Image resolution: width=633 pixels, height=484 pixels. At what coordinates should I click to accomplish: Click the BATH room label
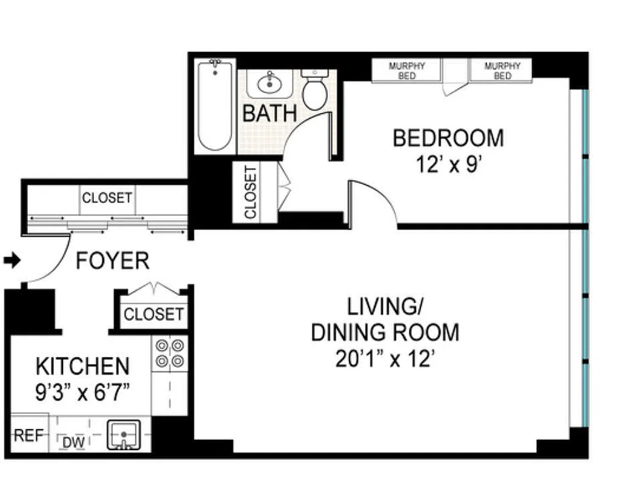[x=270, y=113]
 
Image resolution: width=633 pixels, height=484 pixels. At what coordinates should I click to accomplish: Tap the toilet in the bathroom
[x=314, y=90]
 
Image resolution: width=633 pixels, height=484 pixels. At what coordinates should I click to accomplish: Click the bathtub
[x=215, y=106]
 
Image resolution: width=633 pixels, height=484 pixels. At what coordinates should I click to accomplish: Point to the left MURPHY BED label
[x=406, y=71]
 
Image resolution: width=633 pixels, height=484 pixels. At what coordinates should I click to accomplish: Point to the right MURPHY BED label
[x=502, y=71]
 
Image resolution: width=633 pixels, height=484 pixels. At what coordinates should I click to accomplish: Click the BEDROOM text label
[x=448, y=138]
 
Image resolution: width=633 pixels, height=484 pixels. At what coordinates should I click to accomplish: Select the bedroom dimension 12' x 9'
[x=448, y=164]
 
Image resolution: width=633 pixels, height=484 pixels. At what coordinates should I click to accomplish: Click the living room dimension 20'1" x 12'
[x=385, y=359]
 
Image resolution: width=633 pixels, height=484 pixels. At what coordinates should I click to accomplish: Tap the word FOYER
[x=112, y=261]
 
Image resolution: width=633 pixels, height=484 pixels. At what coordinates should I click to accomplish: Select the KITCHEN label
[x=82, y=367]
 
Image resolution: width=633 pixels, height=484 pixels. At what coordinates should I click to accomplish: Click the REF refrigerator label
[x=26, y=436]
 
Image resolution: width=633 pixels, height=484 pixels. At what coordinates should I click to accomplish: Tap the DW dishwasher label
[x=73, y=443]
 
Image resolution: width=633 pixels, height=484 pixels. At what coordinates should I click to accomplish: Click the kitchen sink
[x=124, y=436]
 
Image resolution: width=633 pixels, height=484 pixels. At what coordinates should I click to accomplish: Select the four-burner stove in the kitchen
[x=170, y=353]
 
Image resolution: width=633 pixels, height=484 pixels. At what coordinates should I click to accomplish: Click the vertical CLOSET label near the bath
[x=250, y=192]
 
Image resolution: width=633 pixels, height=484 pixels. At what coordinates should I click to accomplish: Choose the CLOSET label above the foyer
[x=107, y=198]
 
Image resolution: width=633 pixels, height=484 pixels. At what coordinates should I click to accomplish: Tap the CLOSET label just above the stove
[x=153, y=315]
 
